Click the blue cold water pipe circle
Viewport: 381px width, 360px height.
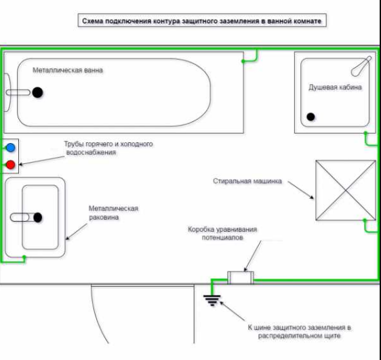pos(10,147)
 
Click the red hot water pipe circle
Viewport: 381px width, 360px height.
pos(10,165)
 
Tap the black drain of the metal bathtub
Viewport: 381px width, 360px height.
pos(37,92)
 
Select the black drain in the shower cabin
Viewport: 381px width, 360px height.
pos(310,117)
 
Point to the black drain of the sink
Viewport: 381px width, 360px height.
pos(38,218)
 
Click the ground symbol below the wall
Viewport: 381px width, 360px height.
pos(212,300)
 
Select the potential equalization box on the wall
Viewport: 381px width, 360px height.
pos(241,278)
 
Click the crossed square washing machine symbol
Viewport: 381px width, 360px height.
pos(346,191)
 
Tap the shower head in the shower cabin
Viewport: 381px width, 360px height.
pos(361,66)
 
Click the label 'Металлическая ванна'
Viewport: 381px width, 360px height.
pos(68,71)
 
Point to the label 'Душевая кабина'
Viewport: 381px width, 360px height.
pos(335,87)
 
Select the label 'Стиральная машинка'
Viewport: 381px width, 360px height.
pos(247,181)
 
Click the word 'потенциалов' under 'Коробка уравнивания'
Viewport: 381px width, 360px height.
pos(222,237)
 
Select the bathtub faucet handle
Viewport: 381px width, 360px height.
pos(18,93)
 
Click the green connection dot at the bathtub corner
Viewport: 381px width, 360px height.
pos(243,61)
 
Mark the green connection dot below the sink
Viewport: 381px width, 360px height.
pos(24,257)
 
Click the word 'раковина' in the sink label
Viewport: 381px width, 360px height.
pos(104,217)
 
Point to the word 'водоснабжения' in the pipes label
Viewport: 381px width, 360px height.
pos(91,153)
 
